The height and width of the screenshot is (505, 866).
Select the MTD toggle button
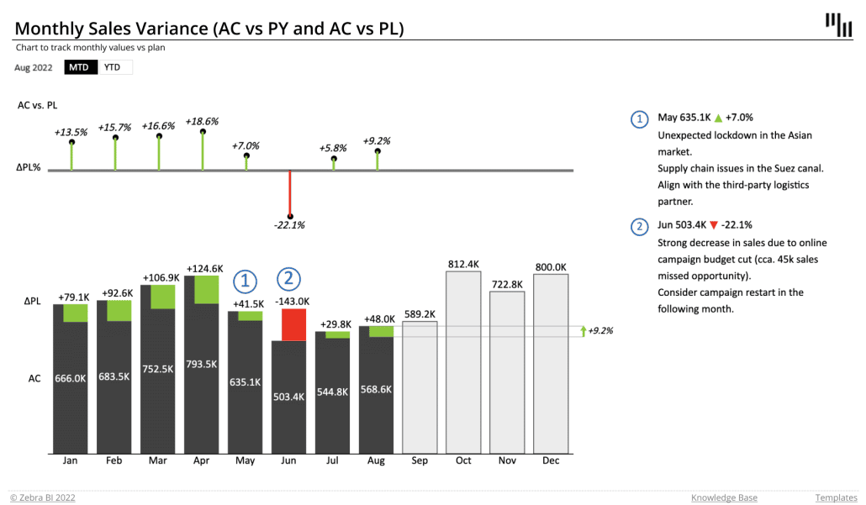(79, 67)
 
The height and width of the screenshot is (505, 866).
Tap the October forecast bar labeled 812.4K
(463, 361)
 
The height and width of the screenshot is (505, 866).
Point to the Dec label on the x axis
(551, 460)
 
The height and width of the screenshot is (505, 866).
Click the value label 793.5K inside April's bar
(202, 364)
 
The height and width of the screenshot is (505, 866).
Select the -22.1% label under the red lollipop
(289, 225)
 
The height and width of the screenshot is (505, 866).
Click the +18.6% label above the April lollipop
(202, 121)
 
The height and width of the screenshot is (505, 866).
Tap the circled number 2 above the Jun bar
(288, 278)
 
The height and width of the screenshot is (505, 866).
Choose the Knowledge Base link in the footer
(724, 497)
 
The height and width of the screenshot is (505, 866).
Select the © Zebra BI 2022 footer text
(43, 497)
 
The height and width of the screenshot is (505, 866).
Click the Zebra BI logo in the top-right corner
(837, 24)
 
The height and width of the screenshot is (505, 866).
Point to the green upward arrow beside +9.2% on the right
(583, 331)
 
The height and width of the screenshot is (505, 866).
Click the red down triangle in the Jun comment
(713, 225)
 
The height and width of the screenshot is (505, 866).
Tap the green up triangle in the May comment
(717, 118)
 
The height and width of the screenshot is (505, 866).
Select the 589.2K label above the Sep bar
(420, 313)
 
